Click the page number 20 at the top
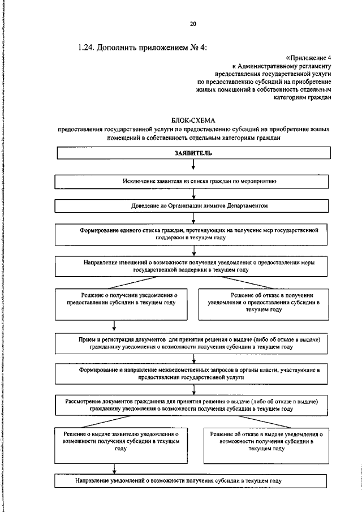coord(193,23)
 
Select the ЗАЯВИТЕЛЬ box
coord(193,153)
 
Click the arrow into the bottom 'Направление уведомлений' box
coord(115,469)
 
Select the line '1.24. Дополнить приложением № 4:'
coord(143,48)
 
